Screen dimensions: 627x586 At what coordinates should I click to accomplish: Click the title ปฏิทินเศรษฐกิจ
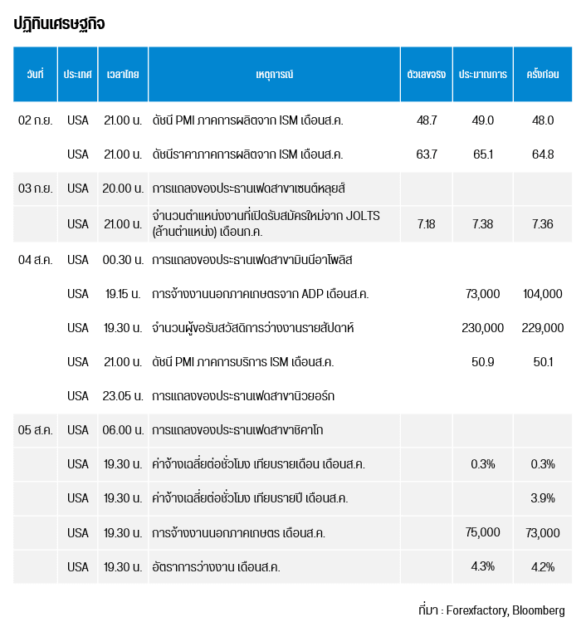pyautogui.click(x=59, y=24)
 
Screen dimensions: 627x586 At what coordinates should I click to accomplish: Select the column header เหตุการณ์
pyautogui.click(x=274, y=75)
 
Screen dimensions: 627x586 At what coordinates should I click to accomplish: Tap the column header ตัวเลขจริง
pyautogui.click(x=427, y=75)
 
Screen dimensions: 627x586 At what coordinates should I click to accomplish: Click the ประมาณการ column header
pyautogui.click(x=483, y=75)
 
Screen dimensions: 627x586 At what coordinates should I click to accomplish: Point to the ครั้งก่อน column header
pyautogui.click(x=542, y=75)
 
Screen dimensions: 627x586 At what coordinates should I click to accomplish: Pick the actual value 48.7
pyautogui.click(x=427, y=120)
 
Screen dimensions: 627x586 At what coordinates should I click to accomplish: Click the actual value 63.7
pyautogui.click(x=427, y=154)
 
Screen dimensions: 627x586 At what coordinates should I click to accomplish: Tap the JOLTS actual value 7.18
pyautogui.click(x=427, y=224)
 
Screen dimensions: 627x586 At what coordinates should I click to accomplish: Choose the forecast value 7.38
pyautogui.click(x=483, y=224)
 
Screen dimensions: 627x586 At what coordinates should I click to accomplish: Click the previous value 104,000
pyautogui.click(x=543, y=294)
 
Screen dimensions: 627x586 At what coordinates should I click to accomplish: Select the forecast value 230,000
pyautogui.click(x=483, y=328)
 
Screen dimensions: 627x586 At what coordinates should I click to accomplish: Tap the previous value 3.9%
pyautogui.click(x=542, y=498)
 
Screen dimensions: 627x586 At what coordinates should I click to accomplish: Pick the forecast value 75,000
pyautogui.click(x=483, y=532)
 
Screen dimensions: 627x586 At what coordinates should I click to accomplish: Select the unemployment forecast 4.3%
pyautogui.click(x=483, y=567)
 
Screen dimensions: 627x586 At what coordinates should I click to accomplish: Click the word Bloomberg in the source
pyautogui.click(x=539, y=610)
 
